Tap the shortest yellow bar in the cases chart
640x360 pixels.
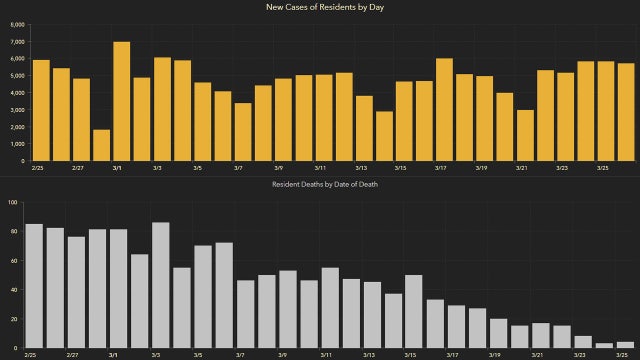(x=101, y=145)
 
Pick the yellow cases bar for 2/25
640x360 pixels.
(x=41, y=110)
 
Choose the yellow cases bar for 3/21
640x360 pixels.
(x=525, y=135)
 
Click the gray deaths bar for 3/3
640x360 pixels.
(x=161, y=285)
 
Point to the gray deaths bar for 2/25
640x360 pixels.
(x=34, y=285)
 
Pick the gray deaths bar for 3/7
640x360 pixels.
(x=245, y=313)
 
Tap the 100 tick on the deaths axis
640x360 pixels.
(x=13, y=202)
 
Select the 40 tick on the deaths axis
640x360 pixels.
(x=13, y=289)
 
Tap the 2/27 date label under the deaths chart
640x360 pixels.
(x=72, y=354)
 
